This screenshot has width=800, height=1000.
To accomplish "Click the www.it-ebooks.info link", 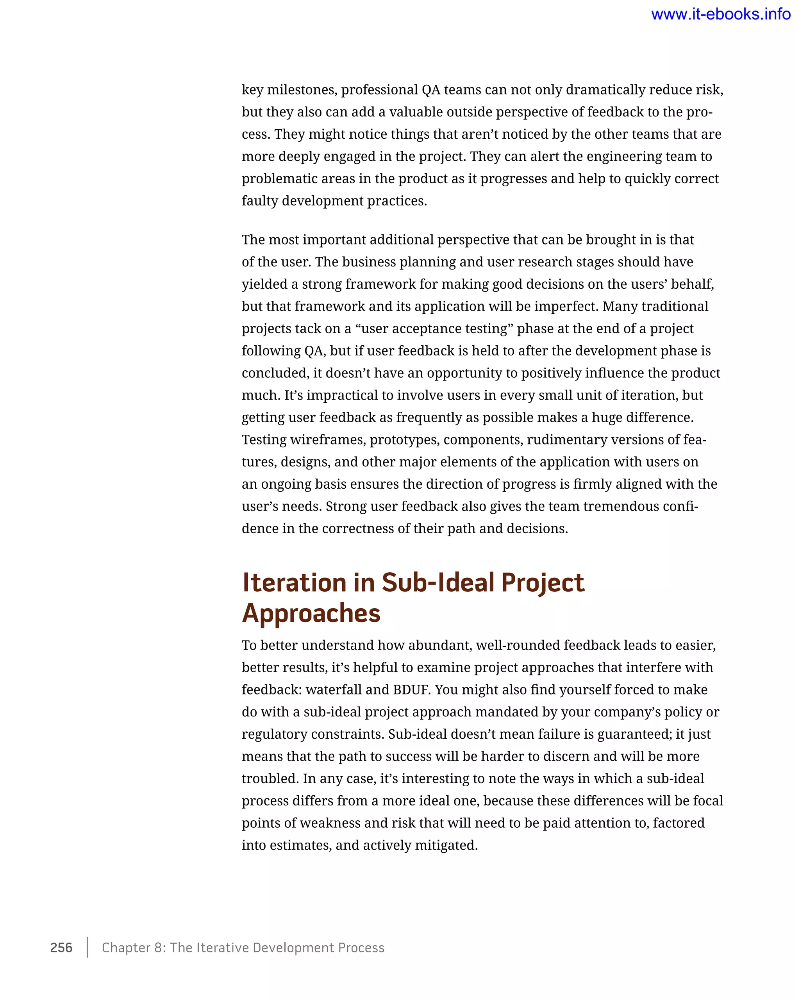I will coord(720,14).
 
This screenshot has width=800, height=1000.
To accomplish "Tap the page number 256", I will coord(61,947).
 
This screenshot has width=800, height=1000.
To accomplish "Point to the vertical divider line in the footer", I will coord(87,947).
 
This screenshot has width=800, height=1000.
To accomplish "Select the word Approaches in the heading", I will coord(311,613).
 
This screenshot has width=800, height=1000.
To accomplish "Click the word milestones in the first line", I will coord(302,89).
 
